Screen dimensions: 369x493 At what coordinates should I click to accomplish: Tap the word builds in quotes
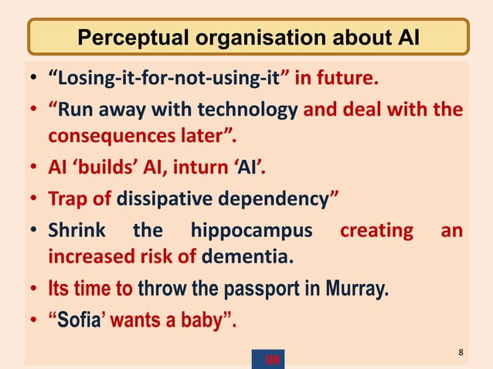coord(110,169)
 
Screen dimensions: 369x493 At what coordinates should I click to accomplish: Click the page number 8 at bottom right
coord(461,353)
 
